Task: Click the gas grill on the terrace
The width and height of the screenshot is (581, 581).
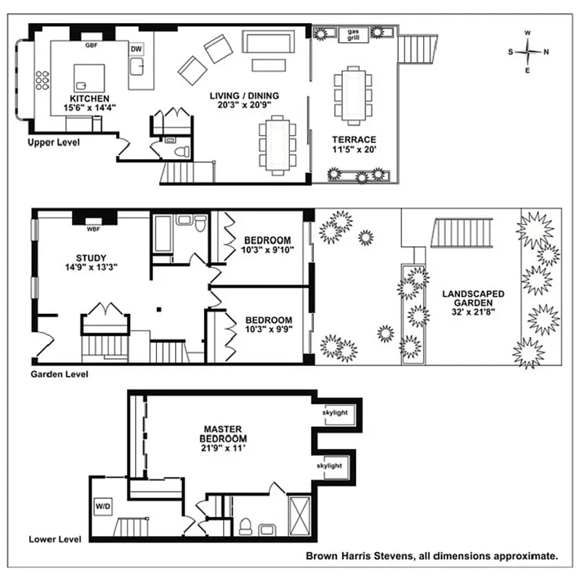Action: coord(354,34)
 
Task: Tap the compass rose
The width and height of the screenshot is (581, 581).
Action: coord(528,52)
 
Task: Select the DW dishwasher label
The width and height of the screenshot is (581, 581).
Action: coord(136,49)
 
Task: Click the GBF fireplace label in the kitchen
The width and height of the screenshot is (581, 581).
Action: coord(92,45)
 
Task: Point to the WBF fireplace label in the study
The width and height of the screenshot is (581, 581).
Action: coord(93,230)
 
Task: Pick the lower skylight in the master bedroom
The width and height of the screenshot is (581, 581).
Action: coord(329,466)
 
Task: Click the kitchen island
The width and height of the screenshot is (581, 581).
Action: coord(88,78)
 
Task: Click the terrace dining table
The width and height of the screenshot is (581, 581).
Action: coord(353,94)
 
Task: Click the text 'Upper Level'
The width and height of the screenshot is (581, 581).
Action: coord(53,142)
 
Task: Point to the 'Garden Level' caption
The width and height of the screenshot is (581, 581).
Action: coord(59,375)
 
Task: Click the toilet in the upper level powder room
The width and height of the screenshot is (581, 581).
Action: coord(180,151)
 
